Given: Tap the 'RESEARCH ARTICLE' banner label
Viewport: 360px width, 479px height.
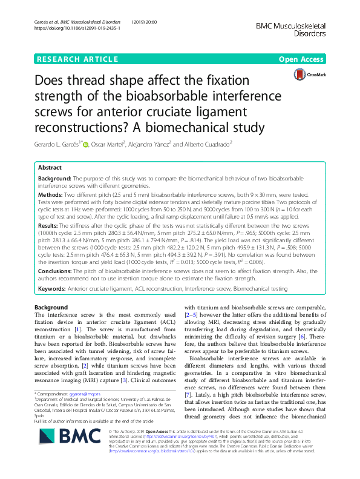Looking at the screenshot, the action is (x=77, y=59).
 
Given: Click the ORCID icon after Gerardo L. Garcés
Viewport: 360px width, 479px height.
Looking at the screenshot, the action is (x=86, y=144).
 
